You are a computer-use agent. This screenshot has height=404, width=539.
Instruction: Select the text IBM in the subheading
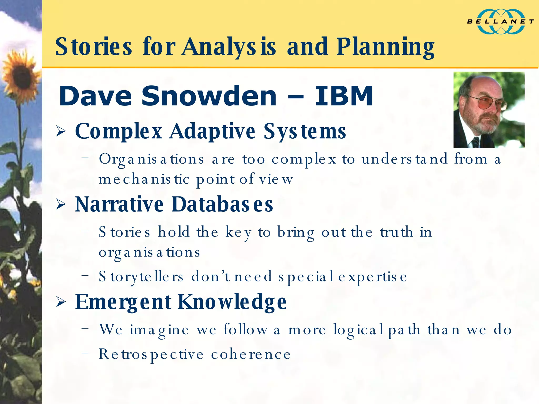point(344,96)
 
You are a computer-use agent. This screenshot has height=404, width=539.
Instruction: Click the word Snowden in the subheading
point(209,96)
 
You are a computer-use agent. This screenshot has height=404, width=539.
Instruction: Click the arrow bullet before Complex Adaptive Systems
point(61,132)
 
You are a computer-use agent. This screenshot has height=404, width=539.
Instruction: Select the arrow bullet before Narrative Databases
point(61,205)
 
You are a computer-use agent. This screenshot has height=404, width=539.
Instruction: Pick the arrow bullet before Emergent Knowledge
point(61,302)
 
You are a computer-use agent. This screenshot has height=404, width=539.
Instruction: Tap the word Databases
point(222,204)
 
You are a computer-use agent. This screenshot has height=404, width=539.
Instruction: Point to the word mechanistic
point(144,180)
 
